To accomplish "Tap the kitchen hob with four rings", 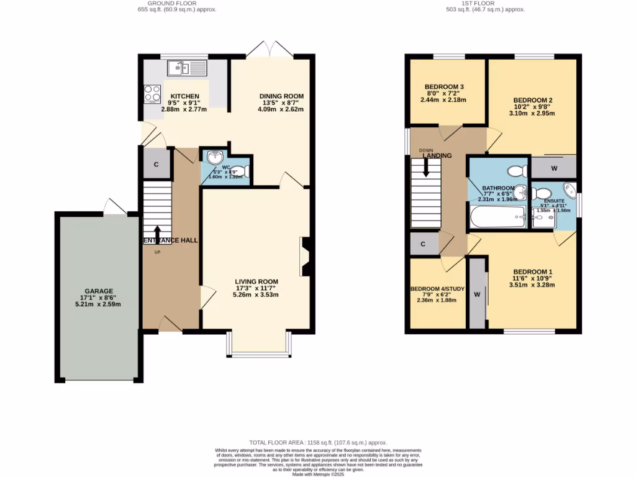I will tap(153, 93).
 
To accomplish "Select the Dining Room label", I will tap(281, 96).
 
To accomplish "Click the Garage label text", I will tap(99, 291).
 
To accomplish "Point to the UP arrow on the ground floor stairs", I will tap(157, 235).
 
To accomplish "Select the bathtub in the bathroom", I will tap(497, 218).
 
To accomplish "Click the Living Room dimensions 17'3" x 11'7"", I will tap(257, 288).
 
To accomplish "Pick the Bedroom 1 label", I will tap(532, 272).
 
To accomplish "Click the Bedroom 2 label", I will tap(532, 100).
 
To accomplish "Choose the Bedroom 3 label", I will tap(444, 87).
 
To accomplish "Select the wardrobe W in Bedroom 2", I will tap(553, 167).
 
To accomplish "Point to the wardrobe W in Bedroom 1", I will tap(478, 294).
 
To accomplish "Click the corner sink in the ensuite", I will tap(568, 189).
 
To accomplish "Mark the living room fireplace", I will tap(305, 255).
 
